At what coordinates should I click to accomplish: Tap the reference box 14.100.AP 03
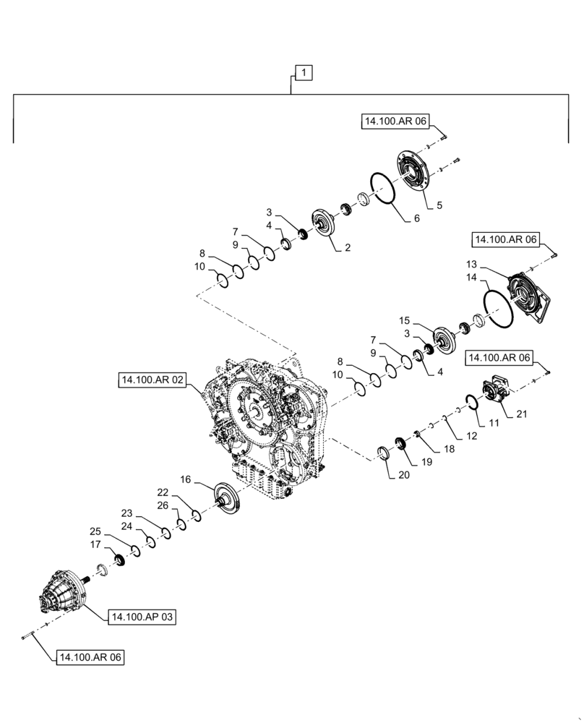pos(142,617)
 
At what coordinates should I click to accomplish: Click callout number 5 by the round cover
pos(439,206)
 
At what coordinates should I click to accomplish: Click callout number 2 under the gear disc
pos(348,247)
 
